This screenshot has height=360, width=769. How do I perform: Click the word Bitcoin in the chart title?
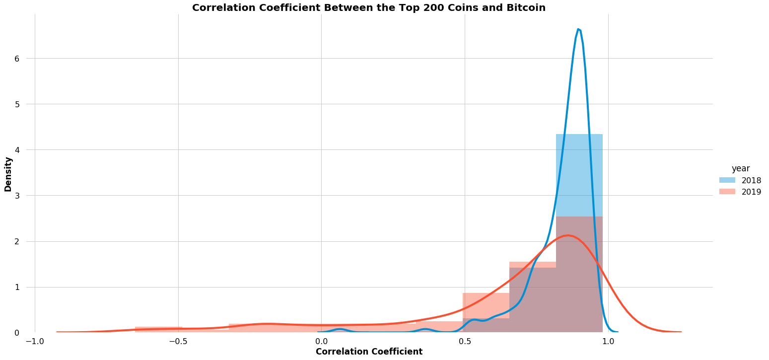pyautogui.click(x=527, y=8)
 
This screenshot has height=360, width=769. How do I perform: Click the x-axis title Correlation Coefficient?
pyautogui.click(x=369, y=352)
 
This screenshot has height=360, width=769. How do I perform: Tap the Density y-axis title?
pyautogui.click(x=8, y=174)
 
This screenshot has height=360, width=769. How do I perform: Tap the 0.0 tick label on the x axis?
pyautogui.click(x=321, y=342)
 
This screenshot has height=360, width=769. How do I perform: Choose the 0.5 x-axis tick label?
pyautogui.click(x=465, y=342)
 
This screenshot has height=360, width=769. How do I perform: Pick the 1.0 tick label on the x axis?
pyautogui.click(x=608, y=342)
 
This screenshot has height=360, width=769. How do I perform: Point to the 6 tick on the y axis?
pyautogui.click(x=16, y=59)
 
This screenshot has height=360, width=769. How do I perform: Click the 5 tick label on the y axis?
pyautogui.click(x=16, y=104)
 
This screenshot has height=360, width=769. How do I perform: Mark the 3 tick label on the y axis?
pyautogui.click(x=16, y=196)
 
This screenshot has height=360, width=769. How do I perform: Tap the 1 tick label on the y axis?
pyautogui.click(x=16, y=287)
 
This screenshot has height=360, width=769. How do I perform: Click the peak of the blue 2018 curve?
pyautogui.click(x=578, y=29)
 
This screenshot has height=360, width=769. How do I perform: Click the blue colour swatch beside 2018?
pyautogui.click(x=727, y=180)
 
